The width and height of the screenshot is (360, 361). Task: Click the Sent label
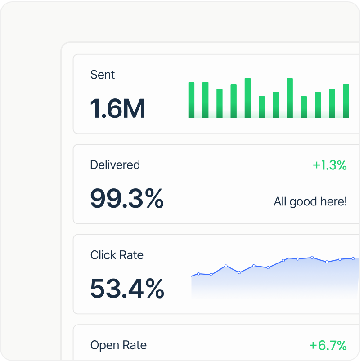103,75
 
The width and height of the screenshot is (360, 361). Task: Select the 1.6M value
117,109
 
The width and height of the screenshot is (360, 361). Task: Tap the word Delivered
115,165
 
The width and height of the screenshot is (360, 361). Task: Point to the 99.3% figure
126,199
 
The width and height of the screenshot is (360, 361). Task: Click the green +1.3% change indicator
330,165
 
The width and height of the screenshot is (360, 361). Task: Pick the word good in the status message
303,201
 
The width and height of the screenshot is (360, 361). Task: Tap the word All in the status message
280,201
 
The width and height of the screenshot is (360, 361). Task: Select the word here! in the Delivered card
333,201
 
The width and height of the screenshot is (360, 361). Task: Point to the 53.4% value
127,289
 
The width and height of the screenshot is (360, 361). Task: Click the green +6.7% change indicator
328,346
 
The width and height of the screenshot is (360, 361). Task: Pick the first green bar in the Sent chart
191,100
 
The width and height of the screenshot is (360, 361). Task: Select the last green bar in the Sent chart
346,101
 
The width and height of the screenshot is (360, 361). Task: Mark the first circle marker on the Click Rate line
198,273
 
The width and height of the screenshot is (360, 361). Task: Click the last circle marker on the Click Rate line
353,258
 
